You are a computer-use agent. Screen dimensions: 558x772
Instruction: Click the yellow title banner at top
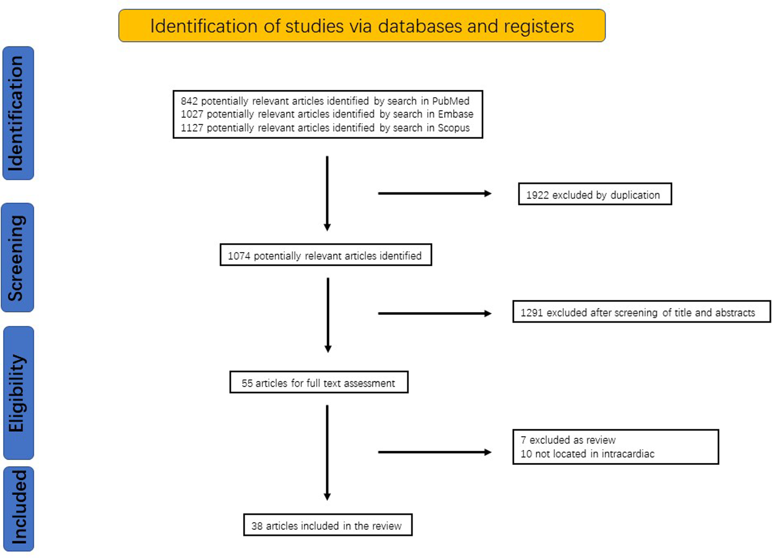tap(362, 26)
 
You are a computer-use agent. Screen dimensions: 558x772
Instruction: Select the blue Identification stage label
tap(18, 113)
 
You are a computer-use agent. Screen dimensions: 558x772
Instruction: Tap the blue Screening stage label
tap(17, 258)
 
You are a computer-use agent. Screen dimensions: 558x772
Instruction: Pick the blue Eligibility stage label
tap(18, 393)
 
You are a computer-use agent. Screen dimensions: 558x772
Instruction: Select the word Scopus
tap(453, 128)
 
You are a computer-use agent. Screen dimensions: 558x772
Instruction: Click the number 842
tap(189, 101)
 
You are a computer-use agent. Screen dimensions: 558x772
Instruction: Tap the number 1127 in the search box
tap(192, 128)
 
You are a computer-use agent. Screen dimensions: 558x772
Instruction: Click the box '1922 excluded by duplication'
tap(594, 194)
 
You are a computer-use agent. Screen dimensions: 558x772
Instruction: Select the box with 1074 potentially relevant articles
tap(325, 255)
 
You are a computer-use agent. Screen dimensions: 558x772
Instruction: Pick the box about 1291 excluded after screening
tap(641, 312)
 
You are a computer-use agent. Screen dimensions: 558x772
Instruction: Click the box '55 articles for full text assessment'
tap(319, 382)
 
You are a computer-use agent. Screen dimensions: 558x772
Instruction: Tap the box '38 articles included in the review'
tap(327, 525)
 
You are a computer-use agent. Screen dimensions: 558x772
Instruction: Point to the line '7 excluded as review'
tap(568, 440)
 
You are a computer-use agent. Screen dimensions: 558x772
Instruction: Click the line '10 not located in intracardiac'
tap(587, 454)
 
